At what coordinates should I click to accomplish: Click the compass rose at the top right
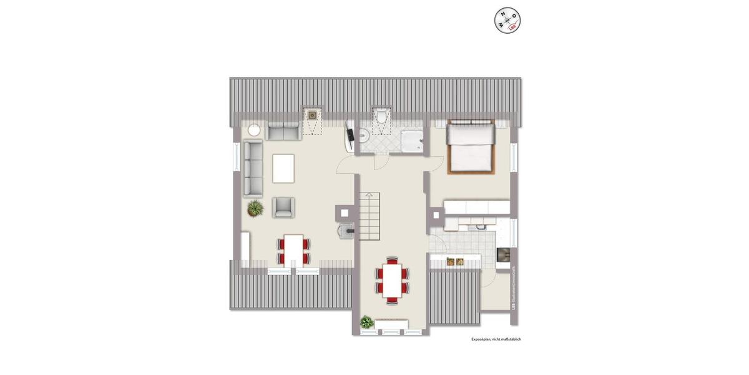tap(507, 20)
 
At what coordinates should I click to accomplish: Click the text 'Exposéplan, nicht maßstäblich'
tap(496, 339)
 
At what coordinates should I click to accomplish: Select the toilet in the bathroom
tap(380, 117)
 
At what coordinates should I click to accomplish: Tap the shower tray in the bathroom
tap(411, 141)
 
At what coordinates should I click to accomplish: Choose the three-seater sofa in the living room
tap(253, 168)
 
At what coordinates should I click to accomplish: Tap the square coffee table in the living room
tap(283, 168)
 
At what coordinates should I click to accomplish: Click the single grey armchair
tap(283, 207)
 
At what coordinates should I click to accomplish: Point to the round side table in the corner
tap(254, 131)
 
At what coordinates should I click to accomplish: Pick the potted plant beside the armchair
tap(255, 207)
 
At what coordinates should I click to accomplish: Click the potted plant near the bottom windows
tap(366, 322)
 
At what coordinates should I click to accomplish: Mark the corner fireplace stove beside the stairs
tap(345, 231)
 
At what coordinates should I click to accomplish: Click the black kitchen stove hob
tap(503, 255)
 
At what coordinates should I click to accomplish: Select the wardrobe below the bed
tap(476, 207)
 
